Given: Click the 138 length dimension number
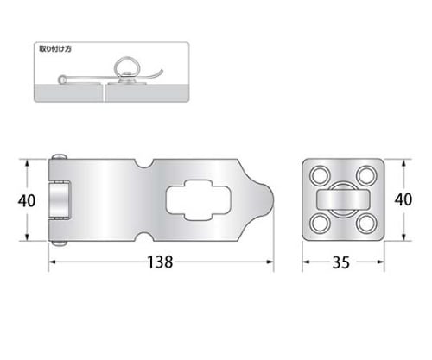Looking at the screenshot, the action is click(160, 262).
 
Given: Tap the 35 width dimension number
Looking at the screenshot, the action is click(341, 262).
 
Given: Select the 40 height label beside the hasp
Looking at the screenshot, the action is click(27, 200).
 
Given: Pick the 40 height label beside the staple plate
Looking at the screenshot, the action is click(403, 199).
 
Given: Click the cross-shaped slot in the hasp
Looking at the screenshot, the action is click(199, 200).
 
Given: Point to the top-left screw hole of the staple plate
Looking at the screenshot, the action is click(321, 175).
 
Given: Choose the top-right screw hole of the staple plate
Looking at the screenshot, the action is click(366, 175).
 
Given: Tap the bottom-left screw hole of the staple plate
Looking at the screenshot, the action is click(321, 224).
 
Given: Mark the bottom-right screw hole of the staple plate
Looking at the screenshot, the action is click(366, 224).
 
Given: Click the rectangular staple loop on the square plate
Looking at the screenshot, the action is click(343, 199).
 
